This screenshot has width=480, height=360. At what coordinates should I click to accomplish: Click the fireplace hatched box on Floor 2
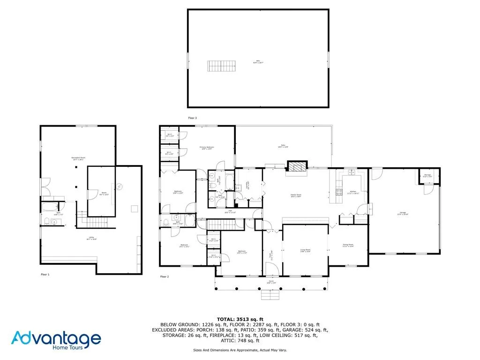[295, 167]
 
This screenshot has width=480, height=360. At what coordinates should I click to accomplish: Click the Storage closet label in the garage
[427, 176]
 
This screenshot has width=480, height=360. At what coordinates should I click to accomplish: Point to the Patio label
[283, 146]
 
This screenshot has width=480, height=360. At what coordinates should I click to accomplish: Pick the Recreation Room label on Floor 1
[78, 158]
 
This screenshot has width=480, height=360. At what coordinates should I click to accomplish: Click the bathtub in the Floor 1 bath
[48, 206]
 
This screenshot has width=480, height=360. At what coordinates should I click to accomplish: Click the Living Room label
[305, 251]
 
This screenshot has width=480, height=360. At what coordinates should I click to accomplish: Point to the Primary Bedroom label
[206, 148]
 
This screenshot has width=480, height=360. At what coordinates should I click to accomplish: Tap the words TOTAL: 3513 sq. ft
[240, 319]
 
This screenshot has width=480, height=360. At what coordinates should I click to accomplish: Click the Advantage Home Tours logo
[56, 339]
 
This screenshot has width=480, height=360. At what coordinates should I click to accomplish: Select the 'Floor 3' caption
[192, 118]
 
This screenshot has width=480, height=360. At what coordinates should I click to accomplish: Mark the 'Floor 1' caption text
[45, 274]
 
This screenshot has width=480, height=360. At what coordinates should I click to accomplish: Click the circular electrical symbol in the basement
[119, 187]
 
